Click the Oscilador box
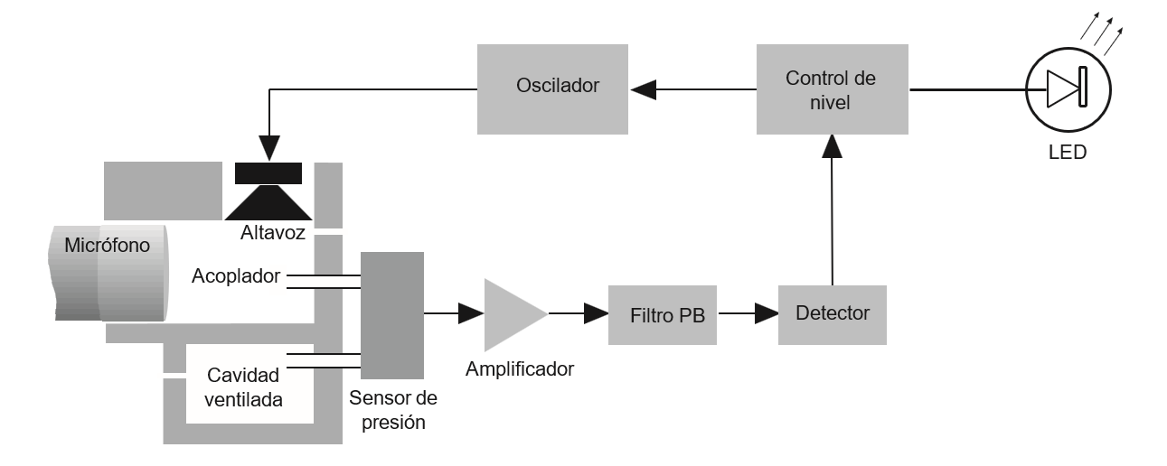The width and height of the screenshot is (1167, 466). pyautogui.click(x=551, y=88)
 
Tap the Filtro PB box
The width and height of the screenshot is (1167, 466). pyautogui.click(x=663, y=314)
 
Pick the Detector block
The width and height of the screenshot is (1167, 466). pyautogui.click(x=833, y=314)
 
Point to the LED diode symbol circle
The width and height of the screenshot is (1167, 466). pyautogui.click(x=1068, y=89)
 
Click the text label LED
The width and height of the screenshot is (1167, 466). pyautogui.click(x=1068, y=152)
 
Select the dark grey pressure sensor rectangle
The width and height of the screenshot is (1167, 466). pyautogui.click(x=391, y=314)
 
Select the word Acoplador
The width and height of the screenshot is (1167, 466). pyautogui.click(x=237, y=275)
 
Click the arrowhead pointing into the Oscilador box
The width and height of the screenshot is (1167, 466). pyautogui.click(x=643, y=89)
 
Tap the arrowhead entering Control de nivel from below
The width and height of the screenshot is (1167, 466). pyautogui.click(x=832, y=149)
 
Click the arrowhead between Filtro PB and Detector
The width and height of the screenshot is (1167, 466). pyautogui.click(x=767, y=314)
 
